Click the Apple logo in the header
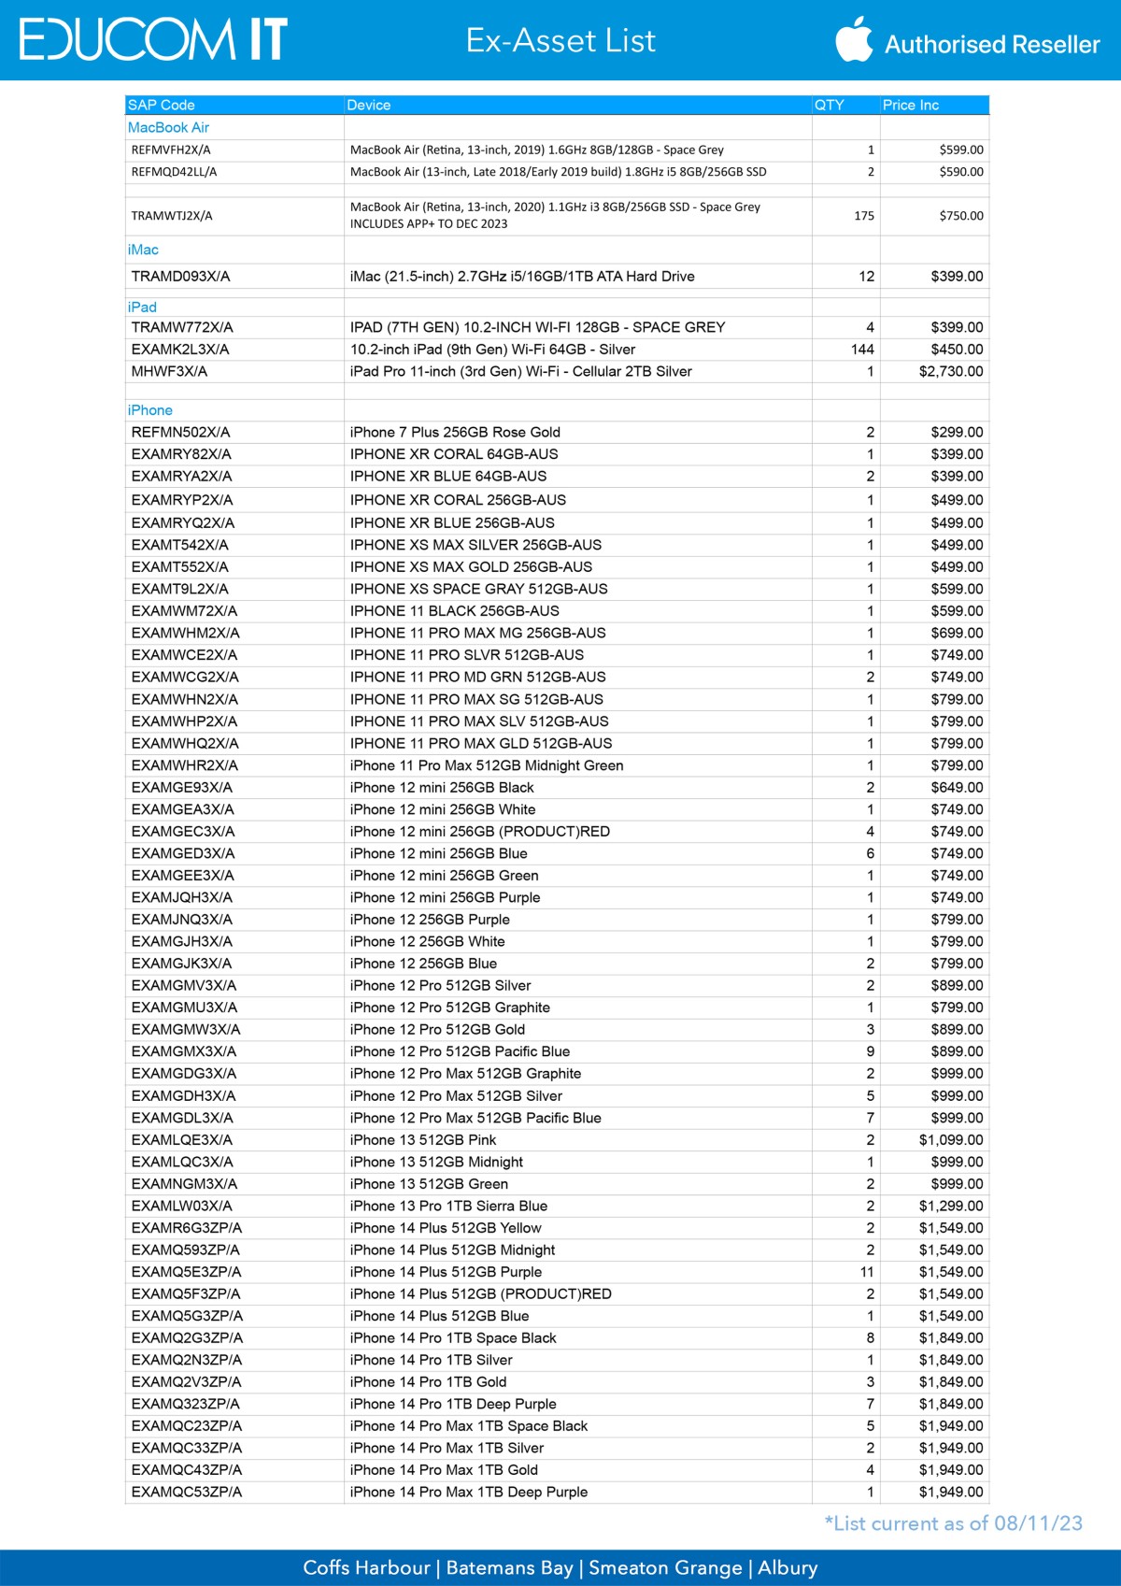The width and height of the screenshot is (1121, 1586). click(853, 39)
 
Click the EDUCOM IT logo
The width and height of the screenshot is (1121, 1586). click(153, 39)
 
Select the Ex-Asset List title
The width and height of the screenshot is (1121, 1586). click(560, 41)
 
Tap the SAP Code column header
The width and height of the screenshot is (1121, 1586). click(162, 105)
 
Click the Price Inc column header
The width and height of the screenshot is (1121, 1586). click(911, 105)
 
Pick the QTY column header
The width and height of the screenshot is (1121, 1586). click(830, 105)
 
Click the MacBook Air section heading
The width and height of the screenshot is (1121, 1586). click(168, 127)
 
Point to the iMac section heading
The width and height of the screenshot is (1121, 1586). click(143, 250)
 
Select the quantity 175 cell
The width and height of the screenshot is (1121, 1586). click(864, 216)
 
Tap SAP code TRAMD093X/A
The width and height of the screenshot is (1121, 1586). click(180, 277)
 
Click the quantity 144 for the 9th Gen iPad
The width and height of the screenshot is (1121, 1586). click(862, 350)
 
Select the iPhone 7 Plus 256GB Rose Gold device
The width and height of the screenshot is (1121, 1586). click(455, 432)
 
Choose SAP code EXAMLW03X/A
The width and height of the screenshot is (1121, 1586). click(182, 1206)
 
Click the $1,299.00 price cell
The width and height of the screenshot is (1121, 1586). click(951, 1206)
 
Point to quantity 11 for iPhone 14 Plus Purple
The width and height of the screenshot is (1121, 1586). click(867, 1272)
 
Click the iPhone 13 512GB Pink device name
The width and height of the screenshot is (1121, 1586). click(423, 1140)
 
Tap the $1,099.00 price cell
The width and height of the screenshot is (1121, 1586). click(951, 1140)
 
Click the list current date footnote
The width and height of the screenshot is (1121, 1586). click(953, 1523)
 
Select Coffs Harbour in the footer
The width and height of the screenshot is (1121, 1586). click(366, 1567)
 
